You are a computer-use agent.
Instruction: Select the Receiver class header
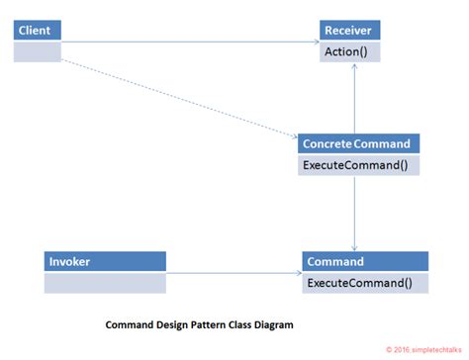coord(349,30)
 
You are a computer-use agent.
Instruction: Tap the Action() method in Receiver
coord(349,51)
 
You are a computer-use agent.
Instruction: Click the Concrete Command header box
coord(355,143)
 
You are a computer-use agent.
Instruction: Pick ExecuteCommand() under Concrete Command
coord(355,164)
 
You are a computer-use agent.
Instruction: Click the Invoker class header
coord(104,262)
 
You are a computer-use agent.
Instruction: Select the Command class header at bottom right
coord(364,262)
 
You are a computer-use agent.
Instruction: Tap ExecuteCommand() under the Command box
coord(364,283)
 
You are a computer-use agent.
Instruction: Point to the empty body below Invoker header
coord(104,284)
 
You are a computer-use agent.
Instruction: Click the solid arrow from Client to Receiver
coord(188,43)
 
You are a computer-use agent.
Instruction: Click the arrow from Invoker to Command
coord(233,273)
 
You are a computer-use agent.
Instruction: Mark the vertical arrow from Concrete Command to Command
coord(354,213)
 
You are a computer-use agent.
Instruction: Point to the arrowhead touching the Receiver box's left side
coord(315,43)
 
